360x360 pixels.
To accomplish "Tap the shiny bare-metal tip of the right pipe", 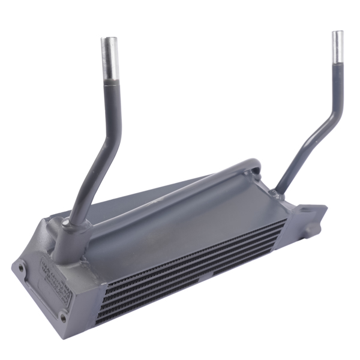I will [x=338, y=46].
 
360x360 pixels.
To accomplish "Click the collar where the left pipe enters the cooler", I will [x=66, y=225].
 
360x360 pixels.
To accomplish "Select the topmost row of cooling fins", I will [x=198, y=252].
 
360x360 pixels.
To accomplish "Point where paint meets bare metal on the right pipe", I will [x=338, y=62].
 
